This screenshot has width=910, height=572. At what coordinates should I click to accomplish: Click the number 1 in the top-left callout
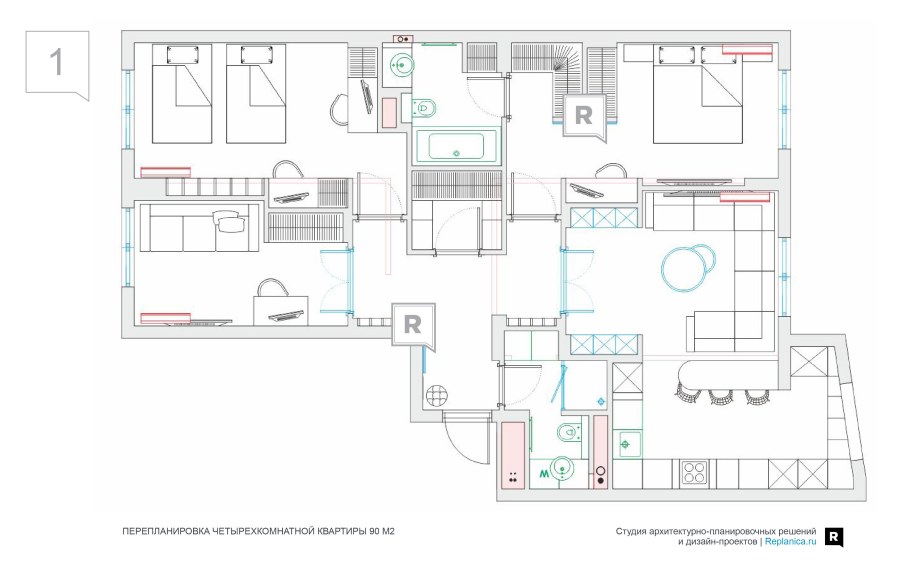coord(56,62)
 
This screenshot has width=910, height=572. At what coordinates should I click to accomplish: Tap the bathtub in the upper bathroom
coord(456,146)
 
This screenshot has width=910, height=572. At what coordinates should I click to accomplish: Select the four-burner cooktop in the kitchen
coord(694,473)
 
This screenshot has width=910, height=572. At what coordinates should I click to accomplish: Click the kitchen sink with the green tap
coord(626,444)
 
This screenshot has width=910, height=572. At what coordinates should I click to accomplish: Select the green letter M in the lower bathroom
coord(544,475)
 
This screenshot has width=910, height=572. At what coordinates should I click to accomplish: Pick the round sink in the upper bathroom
coord(400,64)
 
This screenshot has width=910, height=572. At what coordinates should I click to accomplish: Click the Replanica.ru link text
coord(790,542)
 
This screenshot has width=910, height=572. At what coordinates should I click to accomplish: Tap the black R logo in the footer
coord(833,537)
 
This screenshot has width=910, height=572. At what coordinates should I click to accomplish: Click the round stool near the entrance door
coord(436,397)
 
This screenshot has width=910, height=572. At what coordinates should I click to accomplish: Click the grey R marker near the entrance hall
coord(413,325)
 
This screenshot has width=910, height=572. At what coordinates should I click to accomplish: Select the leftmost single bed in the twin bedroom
coord(182,94)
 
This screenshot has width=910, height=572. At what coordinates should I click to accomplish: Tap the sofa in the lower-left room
coord(198,227)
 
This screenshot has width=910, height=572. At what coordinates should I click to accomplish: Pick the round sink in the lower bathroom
coord(562,468)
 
